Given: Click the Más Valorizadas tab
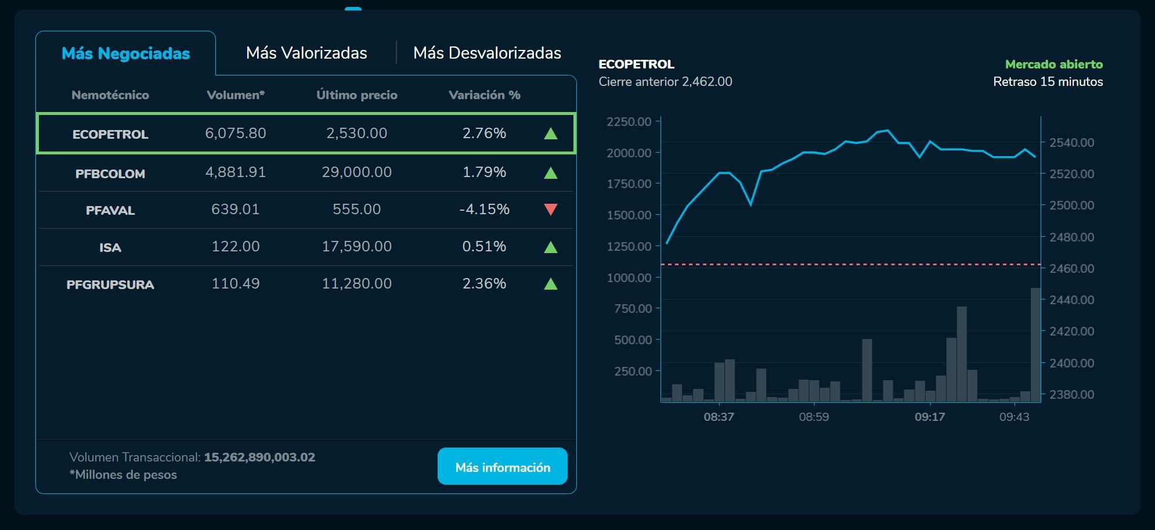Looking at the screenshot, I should coord(306,53).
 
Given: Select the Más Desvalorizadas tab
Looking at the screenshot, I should coord(487,53).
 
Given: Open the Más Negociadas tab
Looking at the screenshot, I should coord(125,53).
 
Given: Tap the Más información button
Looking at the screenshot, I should coord(502,467).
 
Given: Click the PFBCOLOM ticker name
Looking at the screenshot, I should coord(110,174).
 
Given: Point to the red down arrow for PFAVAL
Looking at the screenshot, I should coord(551,210).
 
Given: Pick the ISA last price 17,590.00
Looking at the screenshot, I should coord(356,247).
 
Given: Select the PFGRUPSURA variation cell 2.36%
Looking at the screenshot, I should coord(484,284).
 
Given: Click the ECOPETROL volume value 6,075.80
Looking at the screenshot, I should coord(235,134).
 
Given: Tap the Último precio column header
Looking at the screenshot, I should coord(356,95).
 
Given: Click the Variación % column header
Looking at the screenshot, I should coord(484,95).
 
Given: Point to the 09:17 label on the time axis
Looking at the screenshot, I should coord(930,417).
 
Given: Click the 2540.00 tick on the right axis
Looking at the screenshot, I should coord(1071,143).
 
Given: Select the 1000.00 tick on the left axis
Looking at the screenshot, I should coord(629,277).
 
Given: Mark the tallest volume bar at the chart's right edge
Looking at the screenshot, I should coord(1035,345).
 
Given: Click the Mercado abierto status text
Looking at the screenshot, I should coord(1053,64).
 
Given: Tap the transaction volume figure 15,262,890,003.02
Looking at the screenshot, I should coord(259,457).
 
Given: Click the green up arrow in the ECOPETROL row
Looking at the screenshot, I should coord(551,134).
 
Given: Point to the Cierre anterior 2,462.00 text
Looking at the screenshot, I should coord(665,82).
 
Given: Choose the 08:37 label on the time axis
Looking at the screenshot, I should coord(719,417).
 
